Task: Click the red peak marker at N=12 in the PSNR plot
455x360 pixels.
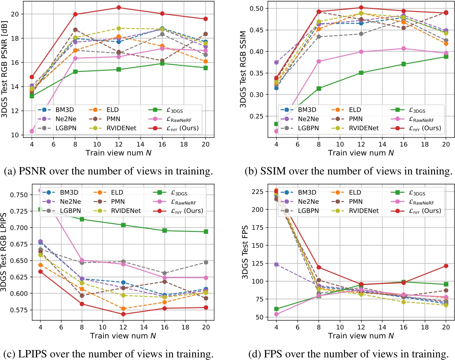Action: (119, 7)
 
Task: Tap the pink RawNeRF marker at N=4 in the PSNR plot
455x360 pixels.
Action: (32, 131)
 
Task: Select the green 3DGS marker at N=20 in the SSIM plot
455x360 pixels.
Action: (446, 57)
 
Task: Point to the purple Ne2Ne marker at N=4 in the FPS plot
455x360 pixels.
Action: (276, 264)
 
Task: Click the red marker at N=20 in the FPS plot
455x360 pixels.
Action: (446, 266)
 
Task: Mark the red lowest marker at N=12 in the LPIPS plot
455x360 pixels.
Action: (123, 314)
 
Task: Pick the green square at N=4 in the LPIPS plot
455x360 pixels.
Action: (41, 210)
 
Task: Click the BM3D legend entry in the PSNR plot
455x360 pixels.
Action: (64, 110)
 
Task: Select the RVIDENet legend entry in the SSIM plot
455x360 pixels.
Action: (364, 128)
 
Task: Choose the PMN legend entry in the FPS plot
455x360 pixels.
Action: (355, 201)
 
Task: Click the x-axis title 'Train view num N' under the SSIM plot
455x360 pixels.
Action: (361, 153)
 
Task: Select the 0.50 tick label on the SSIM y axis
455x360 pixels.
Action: (258, 9)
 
